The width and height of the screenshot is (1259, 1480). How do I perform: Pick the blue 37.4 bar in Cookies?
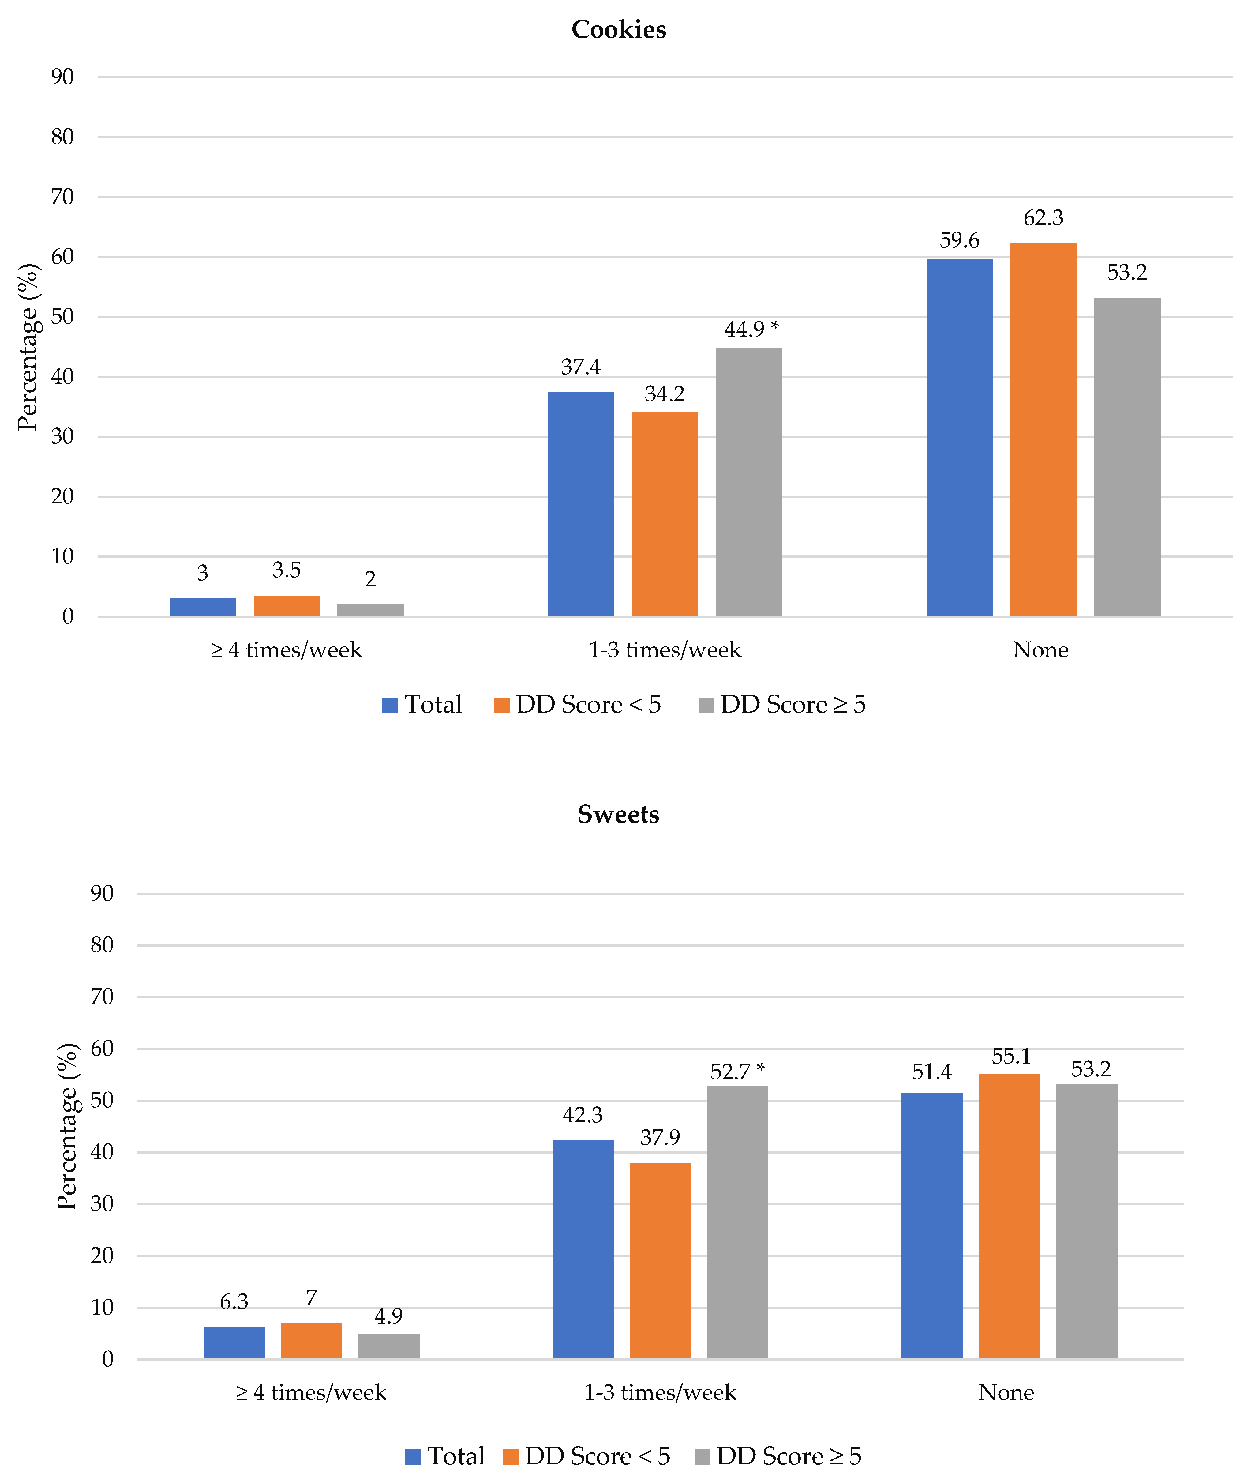[x=581, y=503]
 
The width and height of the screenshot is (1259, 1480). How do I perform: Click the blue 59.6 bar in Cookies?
[x=959, y=437]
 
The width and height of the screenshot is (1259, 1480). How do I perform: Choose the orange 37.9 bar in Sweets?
[x=660, y=1260]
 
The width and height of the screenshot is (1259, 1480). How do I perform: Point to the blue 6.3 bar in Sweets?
[x=234, y=1342]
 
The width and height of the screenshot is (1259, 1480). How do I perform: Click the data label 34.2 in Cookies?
[x=665, y=394]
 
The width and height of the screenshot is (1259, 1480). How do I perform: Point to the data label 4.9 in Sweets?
[x=389, y=1315]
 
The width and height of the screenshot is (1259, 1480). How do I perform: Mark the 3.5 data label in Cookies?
[x=286, y=570]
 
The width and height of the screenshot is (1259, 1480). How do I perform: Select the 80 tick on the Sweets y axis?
[x=102, y=945]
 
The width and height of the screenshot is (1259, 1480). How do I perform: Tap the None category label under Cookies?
[x=1040, y=650]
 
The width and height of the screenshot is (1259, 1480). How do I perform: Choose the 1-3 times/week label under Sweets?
[x=660, y=1392]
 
